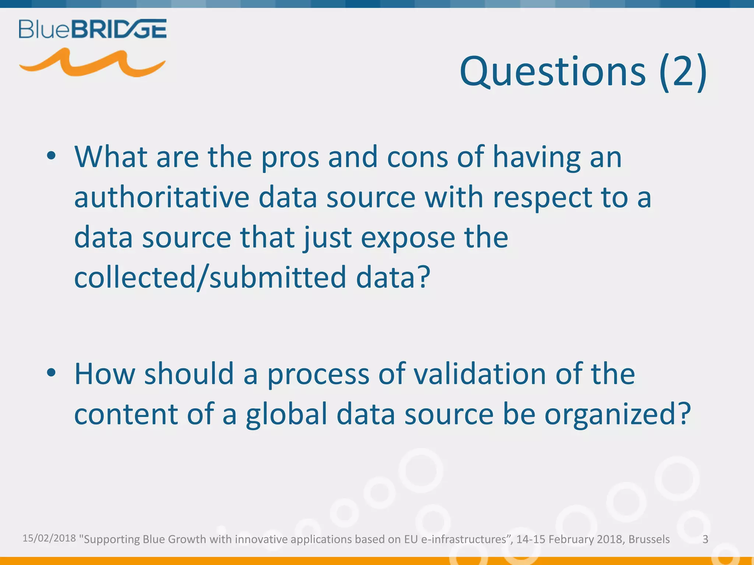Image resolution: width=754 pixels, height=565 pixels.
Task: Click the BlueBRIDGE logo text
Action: pos(93,29)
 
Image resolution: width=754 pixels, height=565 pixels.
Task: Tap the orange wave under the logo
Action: pos(92,63)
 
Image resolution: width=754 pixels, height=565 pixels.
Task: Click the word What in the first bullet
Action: pos(111,157)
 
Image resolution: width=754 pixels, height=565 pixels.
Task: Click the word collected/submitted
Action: pos(210,277)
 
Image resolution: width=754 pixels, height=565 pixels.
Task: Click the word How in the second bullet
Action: pos(105,374)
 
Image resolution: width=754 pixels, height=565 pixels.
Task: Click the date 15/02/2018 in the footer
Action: pos(49,538)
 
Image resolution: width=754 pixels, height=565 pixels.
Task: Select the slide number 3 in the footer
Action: pos(705,539)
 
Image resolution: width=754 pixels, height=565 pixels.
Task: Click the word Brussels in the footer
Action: pos(649,539)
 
